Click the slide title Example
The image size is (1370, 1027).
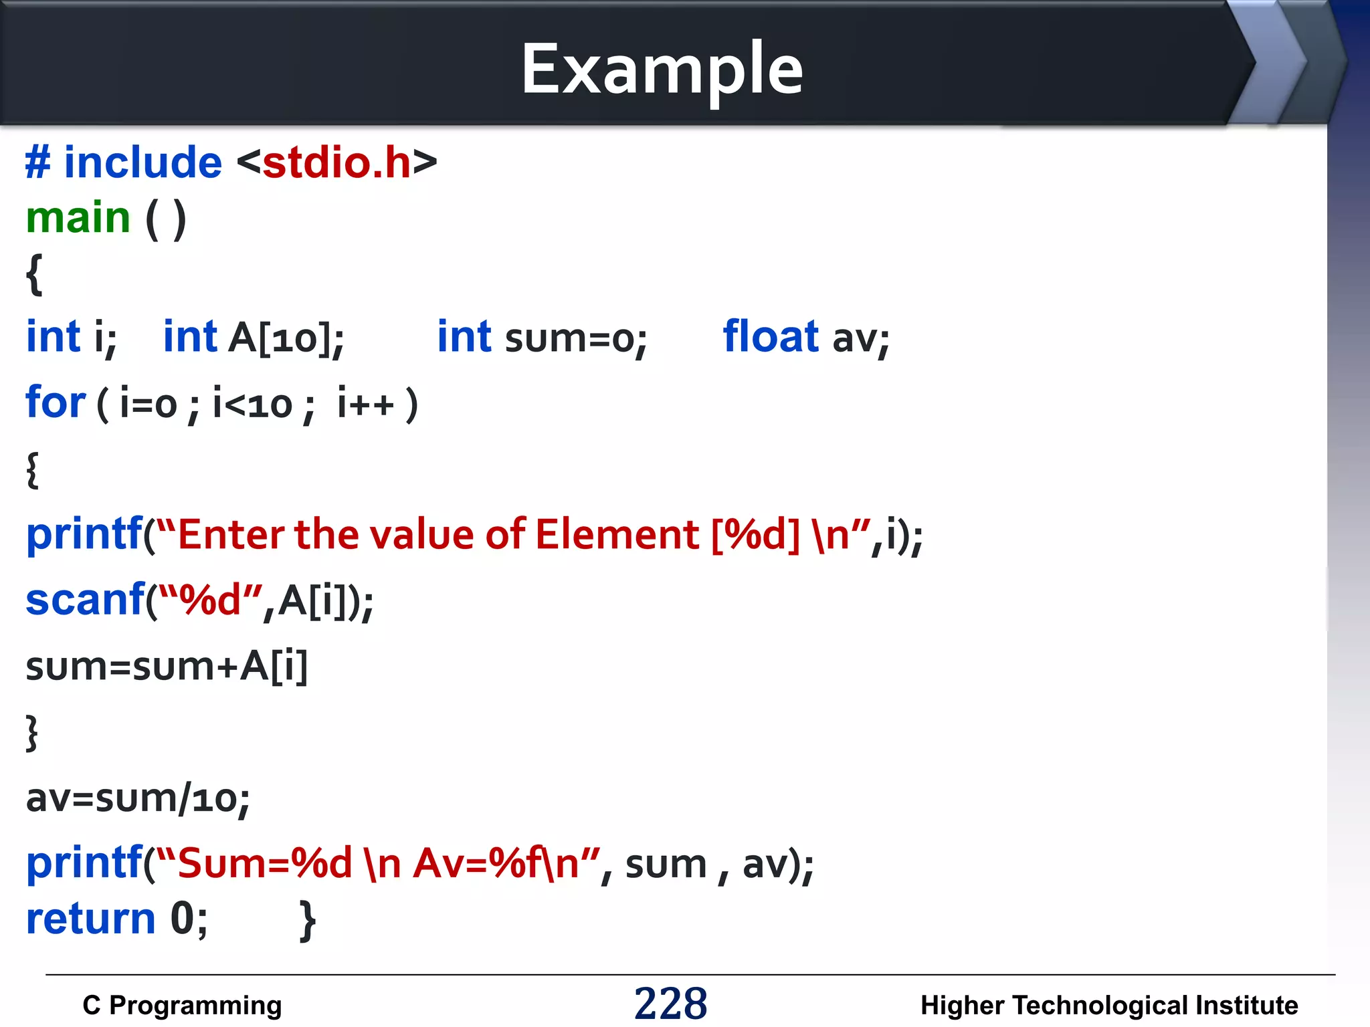coord(662,69)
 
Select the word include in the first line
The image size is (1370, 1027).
coord(142,162)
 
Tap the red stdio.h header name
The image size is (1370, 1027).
coord(336,162)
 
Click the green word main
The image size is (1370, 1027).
coord(78,218)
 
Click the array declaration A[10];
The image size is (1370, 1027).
coord(286,337)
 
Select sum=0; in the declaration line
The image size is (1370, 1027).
coord(576,338)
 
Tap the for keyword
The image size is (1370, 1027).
coord(56,403)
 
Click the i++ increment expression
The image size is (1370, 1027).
coord(365,404)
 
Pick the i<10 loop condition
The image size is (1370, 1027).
coord(252,404)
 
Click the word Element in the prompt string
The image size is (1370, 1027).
coord(617,535)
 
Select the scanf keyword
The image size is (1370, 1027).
coord(85,599)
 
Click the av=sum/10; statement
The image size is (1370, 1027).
coord(138,798)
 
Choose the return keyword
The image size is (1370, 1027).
coord(91,919)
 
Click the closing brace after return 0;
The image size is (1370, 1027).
coord(307,921)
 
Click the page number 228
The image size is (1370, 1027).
coord(670,1004)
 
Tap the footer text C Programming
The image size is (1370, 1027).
coord(182,1005)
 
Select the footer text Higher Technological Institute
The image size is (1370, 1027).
coord(1109,1005)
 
